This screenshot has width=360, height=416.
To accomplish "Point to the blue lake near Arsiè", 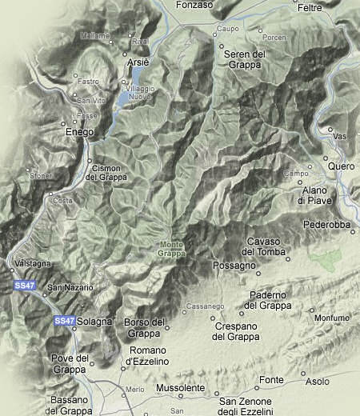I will click(x=122, y=98).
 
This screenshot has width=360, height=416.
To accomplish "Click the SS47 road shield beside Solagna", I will click(x=65, y=320).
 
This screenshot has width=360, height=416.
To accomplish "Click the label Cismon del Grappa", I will click(x=106, y=172).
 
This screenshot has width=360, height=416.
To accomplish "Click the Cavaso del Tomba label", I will click(x=262, y=246).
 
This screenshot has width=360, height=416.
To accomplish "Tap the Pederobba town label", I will click(x=328, y=225).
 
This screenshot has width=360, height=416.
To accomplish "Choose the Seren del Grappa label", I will click(x=244, y=59).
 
